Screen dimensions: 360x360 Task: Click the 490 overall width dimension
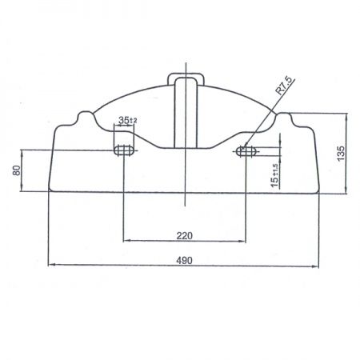coord(184,260)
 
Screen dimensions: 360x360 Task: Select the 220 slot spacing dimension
coord(184,236)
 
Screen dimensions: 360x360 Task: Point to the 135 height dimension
coord(341,153)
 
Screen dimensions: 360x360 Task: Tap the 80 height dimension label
coord(17,170)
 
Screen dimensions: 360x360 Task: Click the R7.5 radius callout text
coord(283,86)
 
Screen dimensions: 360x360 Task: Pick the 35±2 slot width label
coord(128,120)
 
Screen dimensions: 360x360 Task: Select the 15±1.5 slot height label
coord(274,175)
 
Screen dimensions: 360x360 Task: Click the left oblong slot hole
coord(124,150)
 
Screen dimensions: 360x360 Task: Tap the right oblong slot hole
coord(247,151)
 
